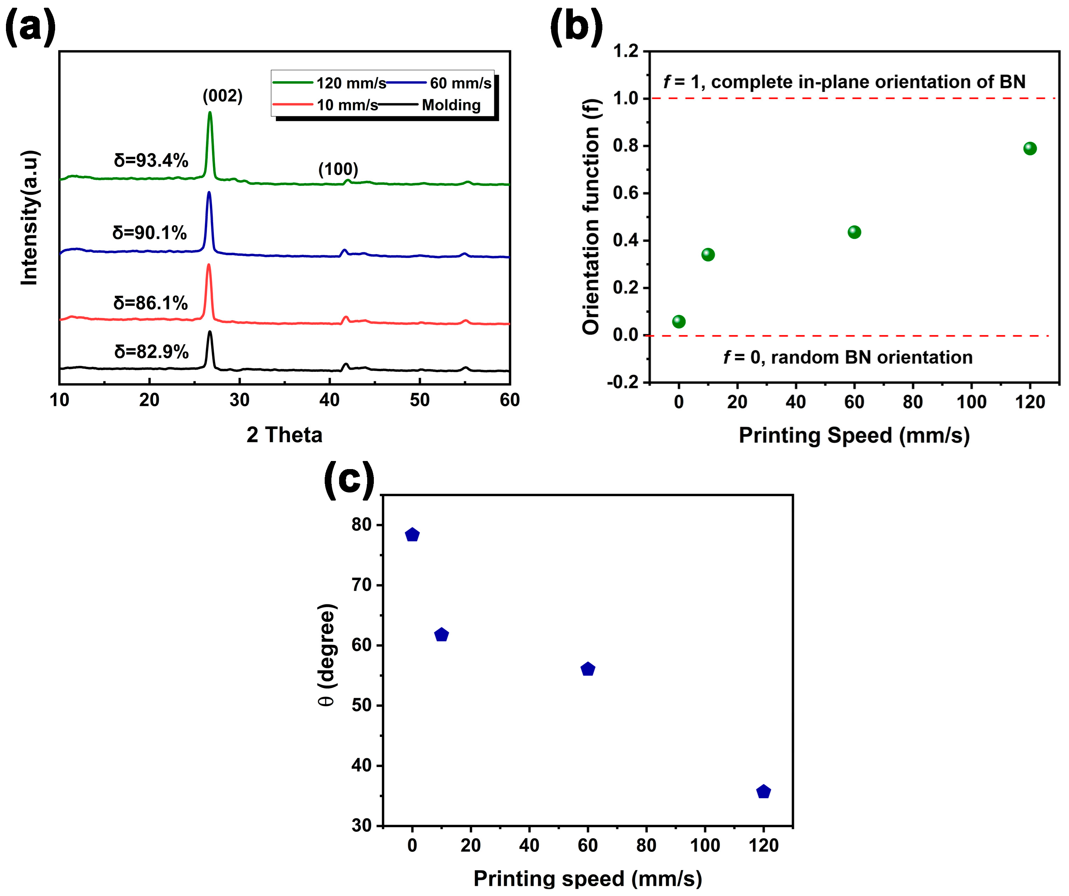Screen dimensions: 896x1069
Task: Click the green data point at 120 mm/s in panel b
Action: [x=1029, y=148]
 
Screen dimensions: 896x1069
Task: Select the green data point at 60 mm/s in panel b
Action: [x=854, y=232]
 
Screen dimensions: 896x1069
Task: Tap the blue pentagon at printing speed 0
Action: [x=412, y=535]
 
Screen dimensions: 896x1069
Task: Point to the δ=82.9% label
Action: [x=151, y=351]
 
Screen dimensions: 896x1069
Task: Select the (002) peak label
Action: [x=223, y=96]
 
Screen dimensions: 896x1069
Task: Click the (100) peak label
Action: [x=338, y=169]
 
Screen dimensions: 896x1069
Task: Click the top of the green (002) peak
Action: [x=210, y=113]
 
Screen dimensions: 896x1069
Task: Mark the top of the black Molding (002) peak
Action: [x=210, y=332]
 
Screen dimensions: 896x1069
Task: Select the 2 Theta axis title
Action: [x=284, y=435]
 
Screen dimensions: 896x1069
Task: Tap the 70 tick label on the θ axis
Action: [x=362, y=585]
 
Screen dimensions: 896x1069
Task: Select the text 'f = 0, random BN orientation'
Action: [x=847, y=357]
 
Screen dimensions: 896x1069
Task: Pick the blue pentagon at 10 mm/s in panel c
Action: [x=441, y=635]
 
